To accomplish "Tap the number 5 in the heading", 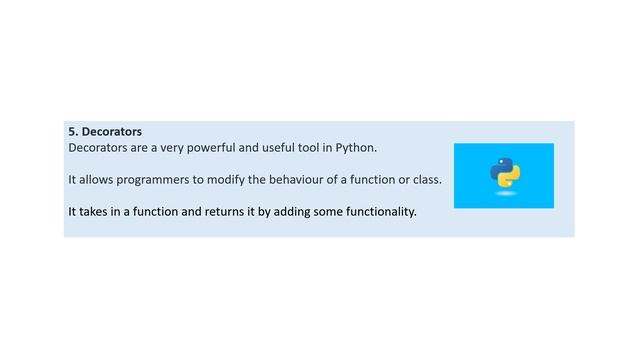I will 72,132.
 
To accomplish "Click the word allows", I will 98,179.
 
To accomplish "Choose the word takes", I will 98,211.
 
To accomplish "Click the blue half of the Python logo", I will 499,167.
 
